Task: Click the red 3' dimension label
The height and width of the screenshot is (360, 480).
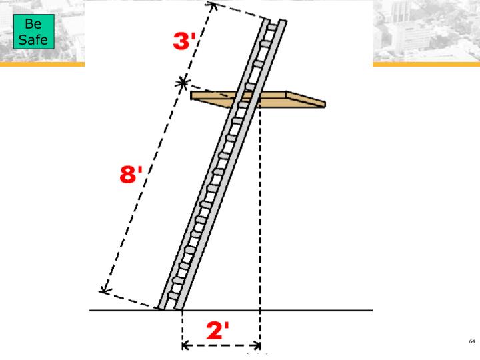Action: tap(184, 41)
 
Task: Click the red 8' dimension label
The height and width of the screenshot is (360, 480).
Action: tap(131, 176)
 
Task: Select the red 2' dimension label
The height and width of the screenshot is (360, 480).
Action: tap(218, 331)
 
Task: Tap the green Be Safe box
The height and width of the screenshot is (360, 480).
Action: tap(33, 32)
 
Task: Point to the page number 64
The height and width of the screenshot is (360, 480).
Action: tap(472, 341)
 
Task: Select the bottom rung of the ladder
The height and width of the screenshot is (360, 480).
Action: tap(172, 295)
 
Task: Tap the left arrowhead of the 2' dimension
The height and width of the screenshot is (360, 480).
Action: tap(186, 346)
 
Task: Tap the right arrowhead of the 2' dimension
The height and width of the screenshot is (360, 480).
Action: tap(257, 346)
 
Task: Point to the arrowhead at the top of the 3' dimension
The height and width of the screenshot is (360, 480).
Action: tap(213, 7)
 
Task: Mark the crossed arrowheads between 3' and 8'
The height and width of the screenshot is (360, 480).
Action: tap(183, 83)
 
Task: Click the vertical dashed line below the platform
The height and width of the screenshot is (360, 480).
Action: tap(260, 213)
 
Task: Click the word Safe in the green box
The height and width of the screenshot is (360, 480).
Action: tap(33, 39)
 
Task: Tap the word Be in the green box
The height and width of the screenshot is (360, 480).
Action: tap(33, 25)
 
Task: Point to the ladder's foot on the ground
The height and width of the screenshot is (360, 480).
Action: tap(169, 308)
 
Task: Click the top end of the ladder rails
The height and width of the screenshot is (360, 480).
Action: tap(275, 20)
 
